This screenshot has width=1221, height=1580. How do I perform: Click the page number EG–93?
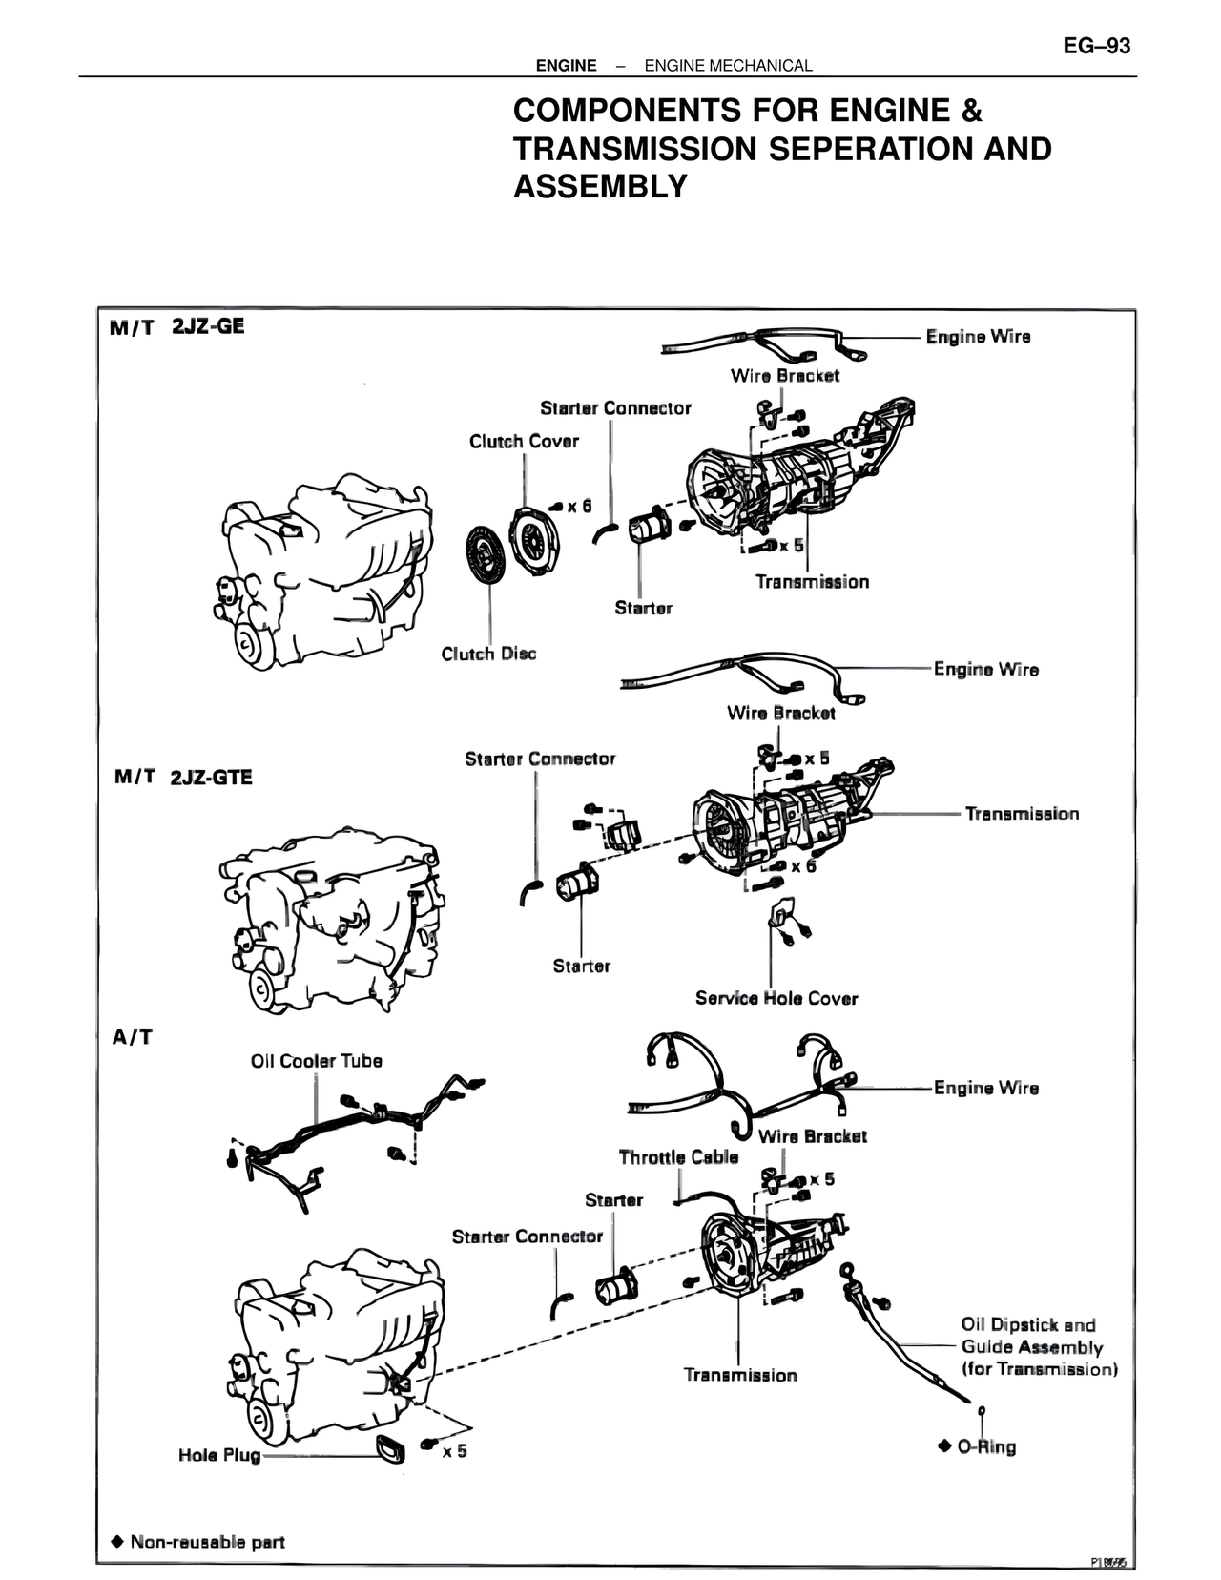[x=1096, y=46]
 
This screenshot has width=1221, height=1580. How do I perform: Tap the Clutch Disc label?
[x=488, y=654]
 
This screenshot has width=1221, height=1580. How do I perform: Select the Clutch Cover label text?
[x=524, y=441]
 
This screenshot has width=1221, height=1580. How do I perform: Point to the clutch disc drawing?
[x=489, y=550]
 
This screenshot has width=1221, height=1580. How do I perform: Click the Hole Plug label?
[x=219, y=1455]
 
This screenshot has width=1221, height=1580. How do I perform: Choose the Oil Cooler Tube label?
[x=316, y=1061]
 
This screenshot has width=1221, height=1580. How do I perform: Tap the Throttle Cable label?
[x=678, y=1157]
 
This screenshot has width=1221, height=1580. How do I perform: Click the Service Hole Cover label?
[x=776, y=998]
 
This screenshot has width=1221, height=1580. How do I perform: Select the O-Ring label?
[x=986, y=1446]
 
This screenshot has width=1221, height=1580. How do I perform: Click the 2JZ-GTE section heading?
[x=211, y=777]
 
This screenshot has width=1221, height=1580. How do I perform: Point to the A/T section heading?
[x=133, y=1037]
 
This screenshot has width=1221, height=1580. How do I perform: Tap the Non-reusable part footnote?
[x=207, y=1542]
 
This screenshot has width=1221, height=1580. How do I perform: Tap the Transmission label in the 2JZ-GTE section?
[x=1022, y=814]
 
